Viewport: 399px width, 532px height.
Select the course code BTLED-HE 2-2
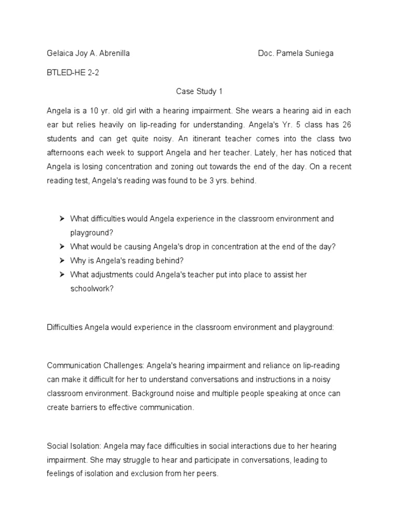coord(73,73)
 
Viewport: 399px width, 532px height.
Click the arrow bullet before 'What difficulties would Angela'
coord(62,219)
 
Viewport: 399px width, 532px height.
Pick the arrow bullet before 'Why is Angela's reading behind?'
coord(62,260)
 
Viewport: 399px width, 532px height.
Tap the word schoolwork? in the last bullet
coord(92,288)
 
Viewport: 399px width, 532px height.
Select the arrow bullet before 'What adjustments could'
coord(62,274)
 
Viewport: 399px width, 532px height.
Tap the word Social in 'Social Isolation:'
coord(57,446)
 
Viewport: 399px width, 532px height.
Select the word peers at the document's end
coord(206,474)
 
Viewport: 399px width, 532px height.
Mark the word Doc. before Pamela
coord(267,54)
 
